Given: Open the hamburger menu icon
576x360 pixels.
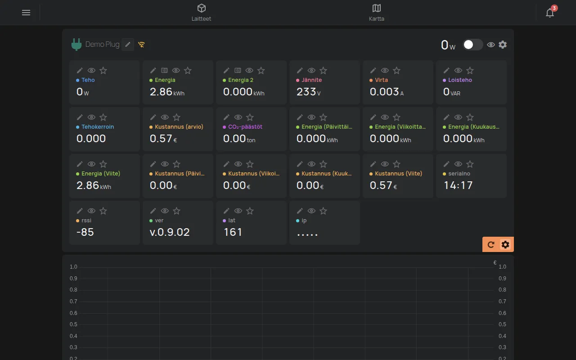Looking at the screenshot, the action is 26,13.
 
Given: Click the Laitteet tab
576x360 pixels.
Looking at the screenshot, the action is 201,12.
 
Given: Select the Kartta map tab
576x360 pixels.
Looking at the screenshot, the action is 377,12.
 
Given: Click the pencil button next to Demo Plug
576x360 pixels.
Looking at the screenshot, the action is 128,45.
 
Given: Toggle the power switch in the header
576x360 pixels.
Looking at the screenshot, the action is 472,45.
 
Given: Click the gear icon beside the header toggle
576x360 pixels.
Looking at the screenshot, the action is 503,45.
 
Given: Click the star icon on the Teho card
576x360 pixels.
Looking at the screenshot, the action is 103,71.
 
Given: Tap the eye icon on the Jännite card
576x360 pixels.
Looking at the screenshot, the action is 311,71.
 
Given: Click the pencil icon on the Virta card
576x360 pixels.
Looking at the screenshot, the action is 373,71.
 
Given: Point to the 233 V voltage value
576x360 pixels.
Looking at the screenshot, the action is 309,92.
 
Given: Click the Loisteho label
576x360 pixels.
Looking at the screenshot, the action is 460,80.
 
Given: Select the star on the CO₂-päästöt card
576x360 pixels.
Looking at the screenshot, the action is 250,117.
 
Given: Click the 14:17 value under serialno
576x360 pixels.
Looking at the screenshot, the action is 458,185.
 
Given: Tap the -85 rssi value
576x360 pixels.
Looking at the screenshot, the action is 85,232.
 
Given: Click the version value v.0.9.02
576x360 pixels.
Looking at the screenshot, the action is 170,232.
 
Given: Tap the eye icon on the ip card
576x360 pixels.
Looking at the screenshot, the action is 311,211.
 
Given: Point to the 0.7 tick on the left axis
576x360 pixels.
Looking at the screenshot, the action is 73,301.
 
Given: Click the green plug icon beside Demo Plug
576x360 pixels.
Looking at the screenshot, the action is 76,45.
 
